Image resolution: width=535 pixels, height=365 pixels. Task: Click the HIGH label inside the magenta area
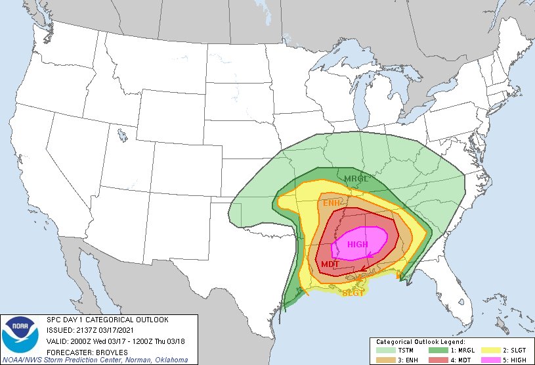358,245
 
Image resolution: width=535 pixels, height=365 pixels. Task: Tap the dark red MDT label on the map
330,264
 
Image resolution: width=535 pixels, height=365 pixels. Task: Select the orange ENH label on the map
332,203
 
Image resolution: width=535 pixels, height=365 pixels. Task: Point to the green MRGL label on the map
356,178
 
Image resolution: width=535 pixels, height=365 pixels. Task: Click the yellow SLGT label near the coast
353,293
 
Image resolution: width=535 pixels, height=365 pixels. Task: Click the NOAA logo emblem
21,335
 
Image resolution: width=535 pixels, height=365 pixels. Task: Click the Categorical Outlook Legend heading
420,342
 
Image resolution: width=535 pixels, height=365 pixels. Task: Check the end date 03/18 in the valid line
179,340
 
